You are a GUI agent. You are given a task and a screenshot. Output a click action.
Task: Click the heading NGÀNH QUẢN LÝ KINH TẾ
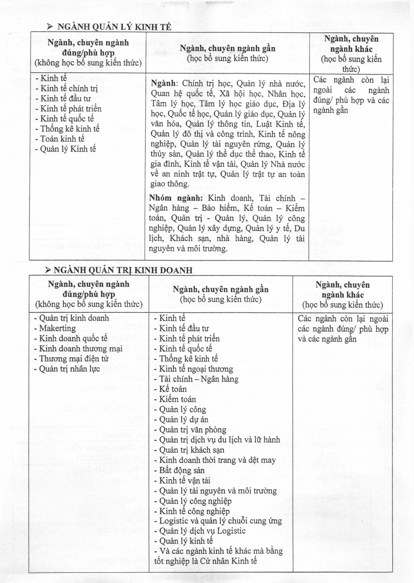tap(114, 27)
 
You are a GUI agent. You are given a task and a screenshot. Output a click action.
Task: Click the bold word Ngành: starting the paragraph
tap(163, 84)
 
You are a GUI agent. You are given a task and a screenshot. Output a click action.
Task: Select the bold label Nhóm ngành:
tap(176, 198)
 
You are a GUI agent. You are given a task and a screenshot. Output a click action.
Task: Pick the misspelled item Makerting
tap(57, 328)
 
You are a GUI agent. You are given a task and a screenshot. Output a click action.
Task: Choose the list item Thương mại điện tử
tap(74, 358)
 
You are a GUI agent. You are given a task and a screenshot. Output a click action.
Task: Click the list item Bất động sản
tap(182, 470)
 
